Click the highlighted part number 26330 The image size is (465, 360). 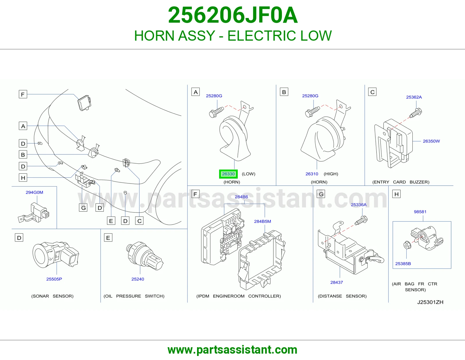tap(228, 174)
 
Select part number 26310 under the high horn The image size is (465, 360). tap(312, 174)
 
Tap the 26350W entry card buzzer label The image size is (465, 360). tap(431, 141)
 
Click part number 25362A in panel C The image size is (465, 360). tap(414, 97)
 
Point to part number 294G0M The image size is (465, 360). tap(34, 192)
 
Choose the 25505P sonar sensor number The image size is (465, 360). tap(54, 279)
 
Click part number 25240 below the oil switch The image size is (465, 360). tap(137, 279)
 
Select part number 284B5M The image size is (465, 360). tap(262, 221)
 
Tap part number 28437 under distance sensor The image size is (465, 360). tap(336, 282)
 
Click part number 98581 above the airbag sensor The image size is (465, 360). tap(420, 212)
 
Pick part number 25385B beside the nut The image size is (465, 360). tap(403, 264)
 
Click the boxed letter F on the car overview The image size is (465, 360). tap(23, 94)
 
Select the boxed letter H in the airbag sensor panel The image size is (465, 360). tap(396, 194)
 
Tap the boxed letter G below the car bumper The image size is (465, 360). tap(83, 208)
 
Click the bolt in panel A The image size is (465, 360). tap(216, 112)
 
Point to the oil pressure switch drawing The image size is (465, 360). tap(144, 256)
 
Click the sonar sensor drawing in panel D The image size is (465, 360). tap(56, 254)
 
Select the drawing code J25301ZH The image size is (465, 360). tap(430, 302)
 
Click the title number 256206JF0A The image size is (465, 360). tap(233, 15)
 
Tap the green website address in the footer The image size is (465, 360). tap(233, 350)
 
